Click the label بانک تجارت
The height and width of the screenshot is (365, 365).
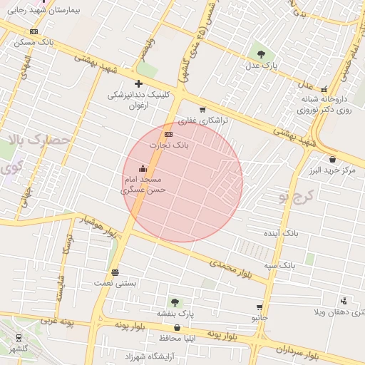click(169, 145)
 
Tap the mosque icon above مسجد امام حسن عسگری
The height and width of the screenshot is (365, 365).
click(143, 169)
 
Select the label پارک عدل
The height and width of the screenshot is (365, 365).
click(261, 66)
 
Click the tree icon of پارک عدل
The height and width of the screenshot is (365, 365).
click(261, 53)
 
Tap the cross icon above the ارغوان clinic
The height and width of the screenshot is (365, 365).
click(138, 84)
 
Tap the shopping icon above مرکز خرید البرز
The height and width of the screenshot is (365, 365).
click(332, 159)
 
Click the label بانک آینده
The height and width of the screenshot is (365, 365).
click(299, 233)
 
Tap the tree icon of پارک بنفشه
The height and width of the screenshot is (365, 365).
click(175, 302)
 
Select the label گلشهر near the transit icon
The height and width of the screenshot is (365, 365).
click(19, 349)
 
